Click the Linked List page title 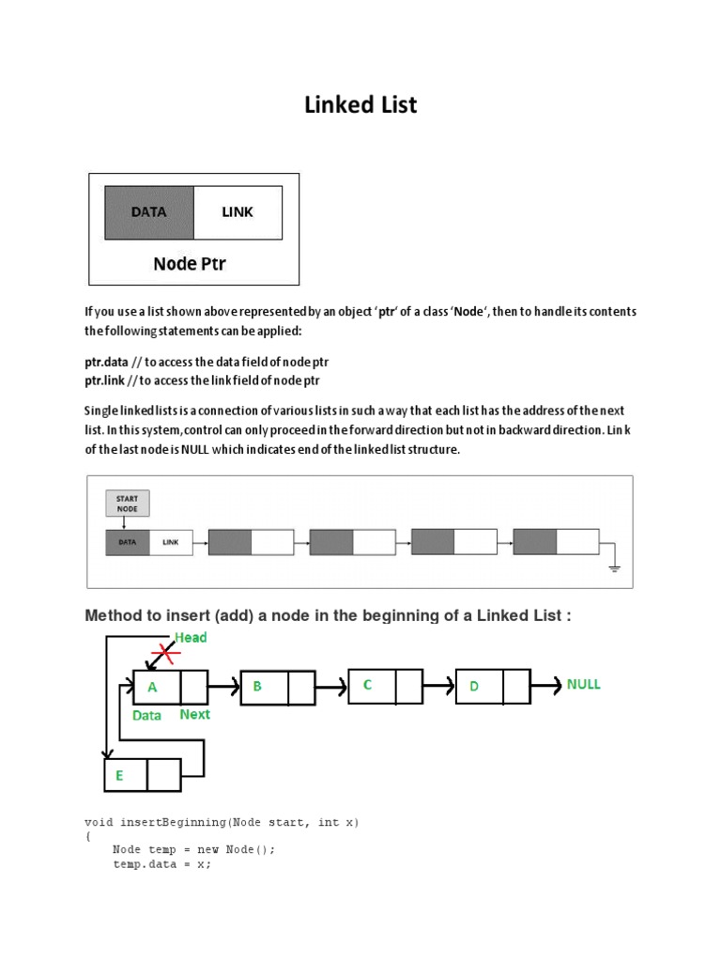(360, 105)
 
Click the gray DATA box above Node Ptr (148, 212)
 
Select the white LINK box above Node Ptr (238, 212)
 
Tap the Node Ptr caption (190, 264)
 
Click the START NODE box (127, 504)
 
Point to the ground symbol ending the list (615, 566)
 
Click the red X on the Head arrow (166, 652)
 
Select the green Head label (191, 638)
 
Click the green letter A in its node (152, 687)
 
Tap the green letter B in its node (257, 687)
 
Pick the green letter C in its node (368, 685)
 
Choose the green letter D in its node (474, 687)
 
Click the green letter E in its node (119, 776)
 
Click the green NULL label (583, 685)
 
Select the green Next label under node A (194, 715)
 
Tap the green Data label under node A (146, 716)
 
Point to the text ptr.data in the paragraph (106, 362)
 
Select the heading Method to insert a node (328, 615)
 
